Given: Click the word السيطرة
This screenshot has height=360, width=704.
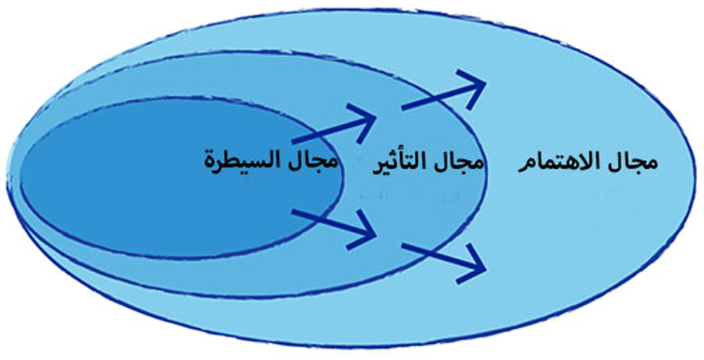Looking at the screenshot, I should tap(239, 160).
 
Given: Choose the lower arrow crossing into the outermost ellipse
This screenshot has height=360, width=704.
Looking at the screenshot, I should tap(443, 257).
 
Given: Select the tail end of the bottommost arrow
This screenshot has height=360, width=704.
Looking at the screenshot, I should tap(403, 247).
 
